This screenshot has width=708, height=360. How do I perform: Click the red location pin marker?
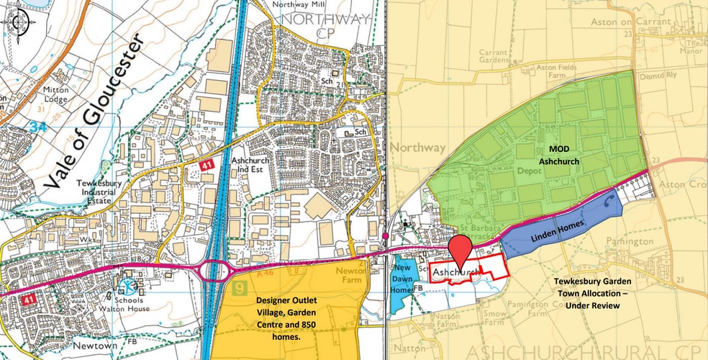[x=460, y=249]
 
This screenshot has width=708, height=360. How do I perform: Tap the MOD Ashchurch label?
[x=559, y=156]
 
